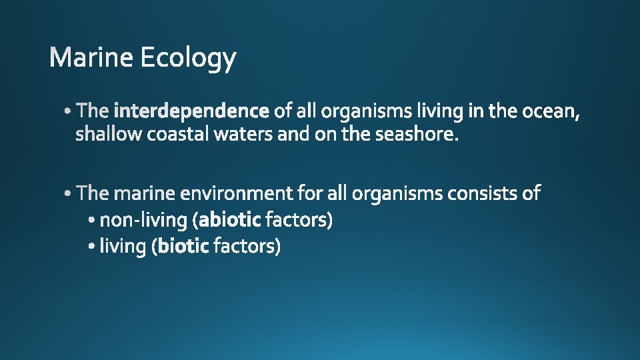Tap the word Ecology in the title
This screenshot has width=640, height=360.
[x=188, y=59]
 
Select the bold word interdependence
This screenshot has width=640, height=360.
[x=192, y=110]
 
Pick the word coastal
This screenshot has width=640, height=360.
[x=178, y=134]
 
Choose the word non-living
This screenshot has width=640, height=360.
[x=143, y=219]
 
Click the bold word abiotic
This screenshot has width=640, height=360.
[x=230, y=219]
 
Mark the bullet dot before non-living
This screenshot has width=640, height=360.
[x=93, y=220]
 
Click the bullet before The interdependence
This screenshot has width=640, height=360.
[x=70, y=111]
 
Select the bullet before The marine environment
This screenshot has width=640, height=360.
[x=70, y=194]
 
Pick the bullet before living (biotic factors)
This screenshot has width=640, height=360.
[x=93, y=247]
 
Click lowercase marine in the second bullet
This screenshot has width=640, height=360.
[x=145, y=193]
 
